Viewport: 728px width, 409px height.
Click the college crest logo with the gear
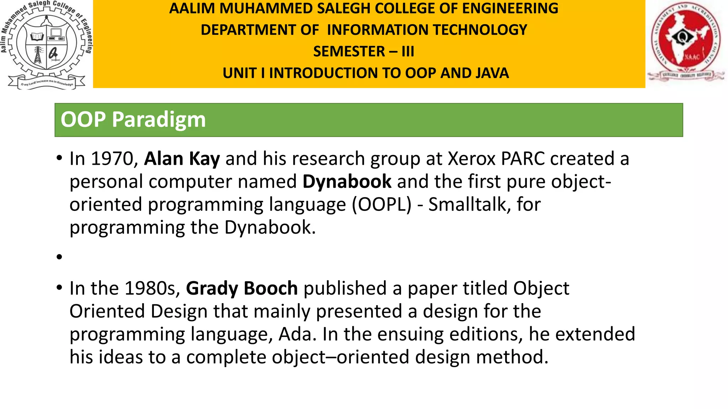pos(46,44)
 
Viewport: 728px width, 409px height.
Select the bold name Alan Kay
pos(182,159)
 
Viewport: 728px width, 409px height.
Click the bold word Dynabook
pos(347,181)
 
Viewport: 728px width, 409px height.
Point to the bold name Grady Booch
pos(242,288)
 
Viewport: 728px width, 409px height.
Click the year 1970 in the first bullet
pos(114,159)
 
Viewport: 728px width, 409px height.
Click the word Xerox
pos(472,159)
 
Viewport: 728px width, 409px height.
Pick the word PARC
pos(523,159)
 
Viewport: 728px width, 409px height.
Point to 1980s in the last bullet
pos(152,288)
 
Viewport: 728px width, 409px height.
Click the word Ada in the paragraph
pos(297,334)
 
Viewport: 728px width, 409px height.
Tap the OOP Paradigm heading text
pos(133,120)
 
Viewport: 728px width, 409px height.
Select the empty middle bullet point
pos(59,257)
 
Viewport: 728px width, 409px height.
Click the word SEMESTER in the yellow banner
pos(349,51)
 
